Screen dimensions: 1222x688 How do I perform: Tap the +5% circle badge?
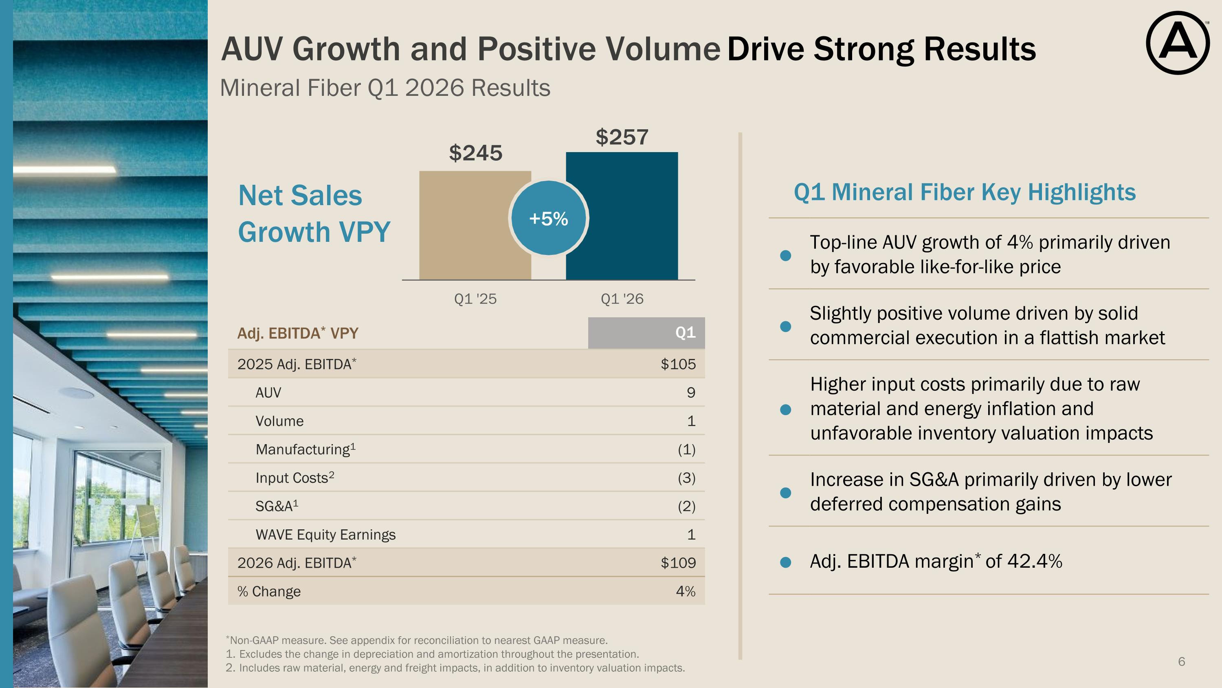(x=548, y=219)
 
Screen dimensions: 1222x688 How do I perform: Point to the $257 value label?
(x=622, y=137)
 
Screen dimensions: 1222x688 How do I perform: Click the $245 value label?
(x=475, y=153)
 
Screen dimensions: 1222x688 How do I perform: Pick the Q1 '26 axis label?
(x=622, y=299)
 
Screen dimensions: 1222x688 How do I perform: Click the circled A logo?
(x=1178, y=43)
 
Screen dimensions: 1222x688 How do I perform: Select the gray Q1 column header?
(x=646, y=333)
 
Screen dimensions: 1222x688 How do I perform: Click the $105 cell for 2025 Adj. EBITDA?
(x=678, y=364)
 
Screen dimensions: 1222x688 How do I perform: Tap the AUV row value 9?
(x=691, y=393)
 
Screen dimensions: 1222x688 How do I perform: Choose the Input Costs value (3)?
(x=686, y=478)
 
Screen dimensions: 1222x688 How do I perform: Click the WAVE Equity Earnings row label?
(x=325, y=535)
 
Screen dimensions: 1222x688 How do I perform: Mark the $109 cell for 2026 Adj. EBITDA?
(x=678, y=563)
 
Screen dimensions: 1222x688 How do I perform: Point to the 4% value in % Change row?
(x=686, y=591)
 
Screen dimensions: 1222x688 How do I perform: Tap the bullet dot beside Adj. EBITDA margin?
(x=786, y=562)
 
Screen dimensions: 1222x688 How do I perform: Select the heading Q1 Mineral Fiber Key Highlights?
(x=965, y=192)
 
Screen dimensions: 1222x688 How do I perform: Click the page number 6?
(x=1182, y=661)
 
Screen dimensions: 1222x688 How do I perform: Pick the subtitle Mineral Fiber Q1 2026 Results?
(x=385, y=88)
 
